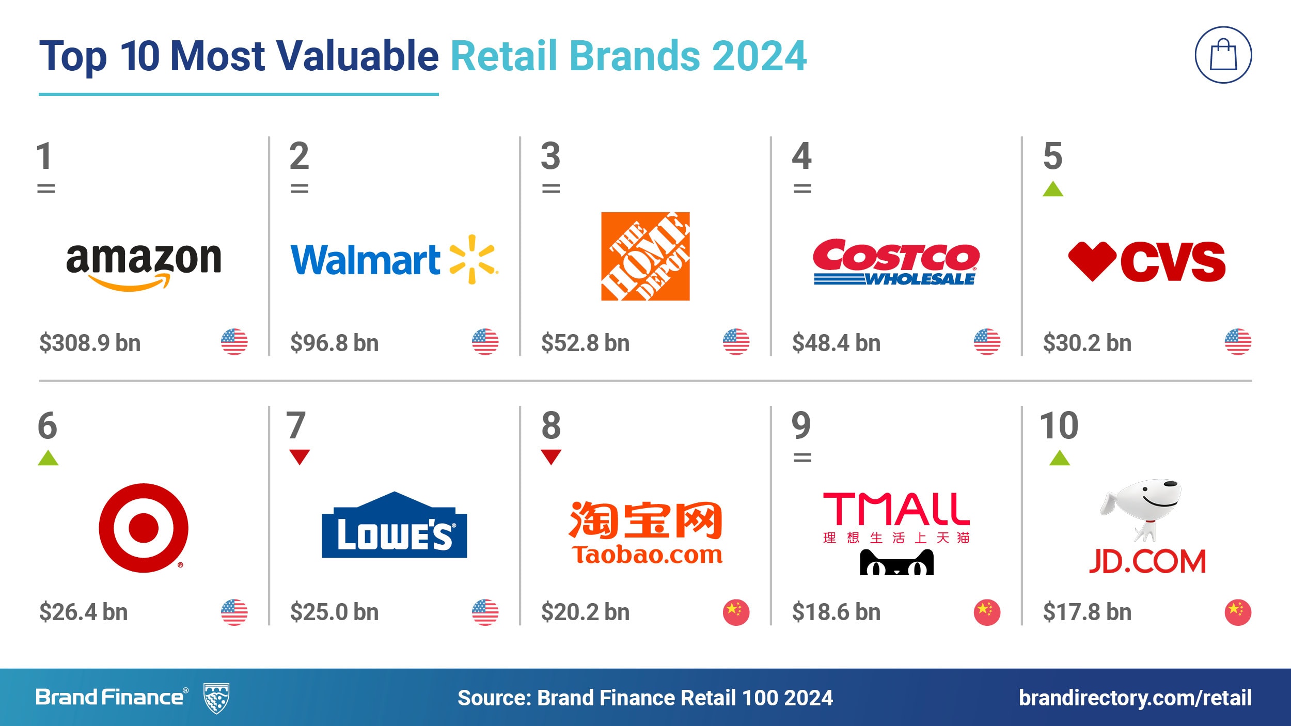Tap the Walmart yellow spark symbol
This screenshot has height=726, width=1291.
coord(473,259)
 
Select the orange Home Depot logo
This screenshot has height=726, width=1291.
coord(645,256)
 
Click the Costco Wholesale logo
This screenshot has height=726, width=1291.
coord(896,262)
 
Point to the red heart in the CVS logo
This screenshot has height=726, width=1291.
coord(1092,261)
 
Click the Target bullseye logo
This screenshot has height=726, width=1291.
coord(144,528)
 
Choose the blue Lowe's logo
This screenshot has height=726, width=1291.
coord(395,525)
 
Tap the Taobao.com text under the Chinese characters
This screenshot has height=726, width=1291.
coord(647,555)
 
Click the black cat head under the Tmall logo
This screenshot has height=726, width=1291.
coord(896,562)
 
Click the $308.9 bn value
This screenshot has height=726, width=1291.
coord(90,343)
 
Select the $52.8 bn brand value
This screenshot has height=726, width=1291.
coord(585,343)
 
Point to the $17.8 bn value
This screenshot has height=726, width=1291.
coord(1087,612)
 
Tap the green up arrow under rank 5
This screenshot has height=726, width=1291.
coord(1053,189)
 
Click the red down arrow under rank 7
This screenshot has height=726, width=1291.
coord(300,456)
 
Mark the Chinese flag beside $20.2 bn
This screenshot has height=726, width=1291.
coord(736,612)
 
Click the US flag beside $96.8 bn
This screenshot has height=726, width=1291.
coord(485,342)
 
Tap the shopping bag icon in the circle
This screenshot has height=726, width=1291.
coord(1223,55)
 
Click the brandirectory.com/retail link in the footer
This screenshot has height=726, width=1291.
coord(1135,698)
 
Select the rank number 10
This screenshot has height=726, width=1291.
coord(1059,425)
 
